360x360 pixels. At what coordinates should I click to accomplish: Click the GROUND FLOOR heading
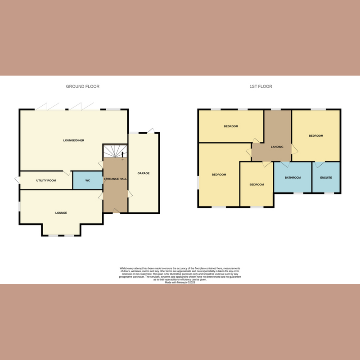coord(82,86)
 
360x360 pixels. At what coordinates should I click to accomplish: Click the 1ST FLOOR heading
coord(261,86)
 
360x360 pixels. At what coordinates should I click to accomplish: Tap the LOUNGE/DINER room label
coord(73,140)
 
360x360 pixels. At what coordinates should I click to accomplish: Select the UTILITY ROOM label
coord(46,180)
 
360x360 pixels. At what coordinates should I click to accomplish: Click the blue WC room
coord(88,180)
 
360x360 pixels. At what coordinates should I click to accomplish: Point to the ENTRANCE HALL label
coord(116,179)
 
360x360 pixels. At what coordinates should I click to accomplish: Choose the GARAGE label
coord(144,173)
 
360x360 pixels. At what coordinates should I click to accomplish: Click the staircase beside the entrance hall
coord(115,151)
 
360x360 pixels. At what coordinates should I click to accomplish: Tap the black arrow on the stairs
coord(122,155)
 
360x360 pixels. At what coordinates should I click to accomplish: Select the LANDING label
coord(277,147)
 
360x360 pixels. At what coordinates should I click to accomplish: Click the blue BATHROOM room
coord(292,177)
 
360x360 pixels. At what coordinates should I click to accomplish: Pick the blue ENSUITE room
coord(326,177)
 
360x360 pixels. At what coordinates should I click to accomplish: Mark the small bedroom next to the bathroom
coord(256,184)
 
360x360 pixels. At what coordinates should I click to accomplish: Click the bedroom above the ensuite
coord(315,135)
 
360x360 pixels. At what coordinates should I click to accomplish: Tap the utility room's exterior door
coord(18,180)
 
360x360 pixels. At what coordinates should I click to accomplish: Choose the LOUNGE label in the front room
coord(61,213)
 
